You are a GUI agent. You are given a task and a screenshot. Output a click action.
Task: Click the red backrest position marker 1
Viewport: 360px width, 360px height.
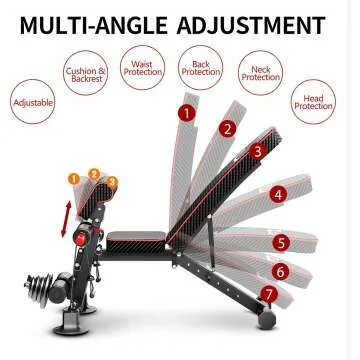tap(186, 112)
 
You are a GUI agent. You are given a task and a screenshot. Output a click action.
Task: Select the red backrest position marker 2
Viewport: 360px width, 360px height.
tap(228, 128)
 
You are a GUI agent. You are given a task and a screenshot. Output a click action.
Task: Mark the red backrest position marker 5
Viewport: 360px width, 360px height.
tap(282, 242)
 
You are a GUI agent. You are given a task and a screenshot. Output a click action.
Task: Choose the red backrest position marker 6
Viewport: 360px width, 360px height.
tap(280, 271)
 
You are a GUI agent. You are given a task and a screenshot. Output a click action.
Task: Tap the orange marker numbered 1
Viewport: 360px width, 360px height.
tap(72, 179)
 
